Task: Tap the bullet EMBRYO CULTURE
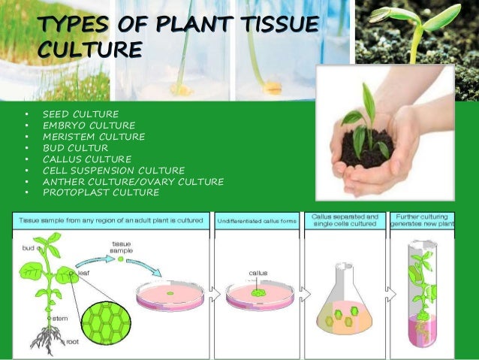pos(89,125)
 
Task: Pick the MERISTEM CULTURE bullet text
pos(94,136)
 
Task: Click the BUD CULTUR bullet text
pos(76,147)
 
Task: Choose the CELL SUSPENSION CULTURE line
pos(113,170)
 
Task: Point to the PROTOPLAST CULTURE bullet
pos(101,192)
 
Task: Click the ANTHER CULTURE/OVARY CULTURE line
pos(133,181)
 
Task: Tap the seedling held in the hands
pos(367,120)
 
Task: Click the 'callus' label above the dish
pos(258,273)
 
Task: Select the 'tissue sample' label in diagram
pos(121,247)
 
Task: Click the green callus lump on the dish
pos(260,290)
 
